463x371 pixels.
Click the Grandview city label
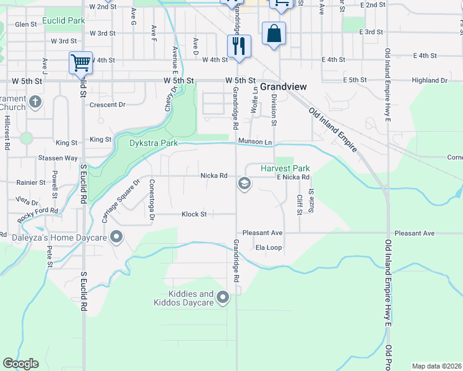(283, 87)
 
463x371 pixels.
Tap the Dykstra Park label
(154, 143)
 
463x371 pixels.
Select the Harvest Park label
(285, 168)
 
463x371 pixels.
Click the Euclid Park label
(64, 21)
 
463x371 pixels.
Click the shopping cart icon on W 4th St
(80, 62)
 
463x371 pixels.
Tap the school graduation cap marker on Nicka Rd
(244, 184)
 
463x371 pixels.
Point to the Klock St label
(193, 215)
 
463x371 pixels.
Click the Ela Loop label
(269, 247)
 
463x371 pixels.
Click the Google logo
(20, 364)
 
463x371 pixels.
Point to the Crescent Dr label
(107, 104)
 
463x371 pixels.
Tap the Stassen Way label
(58, 158)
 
